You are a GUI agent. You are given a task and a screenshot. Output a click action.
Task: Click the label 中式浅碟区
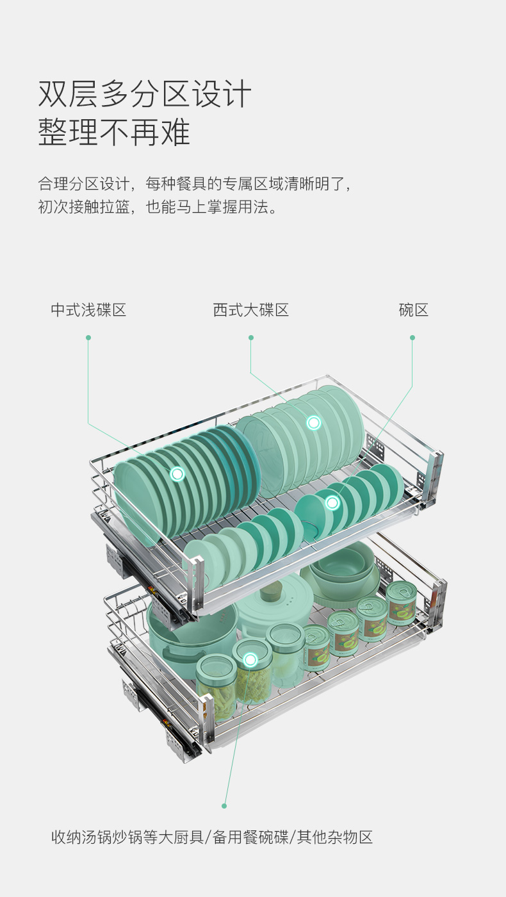coord(88,310)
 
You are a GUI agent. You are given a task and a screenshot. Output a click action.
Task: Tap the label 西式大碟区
coord(251,310)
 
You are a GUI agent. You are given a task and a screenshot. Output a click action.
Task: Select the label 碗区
coord(414,310)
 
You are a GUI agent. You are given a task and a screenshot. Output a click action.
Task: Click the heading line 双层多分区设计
coord(145,94)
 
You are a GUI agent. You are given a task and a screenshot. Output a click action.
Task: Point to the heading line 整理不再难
coord(114,132)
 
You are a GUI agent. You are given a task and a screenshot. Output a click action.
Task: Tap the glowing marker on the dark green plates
coord(177,474)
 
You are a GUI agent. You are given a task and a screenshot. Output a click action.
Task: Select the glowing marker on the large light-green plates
coord(313,422)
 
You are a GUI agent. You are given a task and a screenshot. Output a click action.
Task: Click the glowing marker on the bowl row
coord(332,502)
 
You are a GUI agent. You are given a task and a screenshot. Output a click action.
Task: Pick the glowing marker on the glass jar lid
coord(250,659)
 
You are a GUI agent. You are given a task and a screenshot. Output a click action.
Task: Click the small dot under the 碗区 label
coord(412,338)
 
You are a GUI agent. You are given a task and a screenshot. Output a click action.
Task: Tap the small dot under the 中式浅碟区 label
coord(88,338)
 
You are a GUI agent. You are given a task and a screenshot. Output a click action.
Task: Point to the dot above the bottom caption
coord(224,806)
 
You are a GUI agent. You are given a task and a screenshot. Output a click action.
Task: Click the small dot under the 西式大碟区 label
coord(251,338)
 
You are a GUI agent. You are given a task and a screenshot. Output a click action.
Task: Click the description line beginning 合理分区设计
coord(195,184)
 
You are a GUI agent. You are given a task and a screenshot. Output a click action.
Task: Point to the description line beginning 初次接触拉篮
coord(158,207)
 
